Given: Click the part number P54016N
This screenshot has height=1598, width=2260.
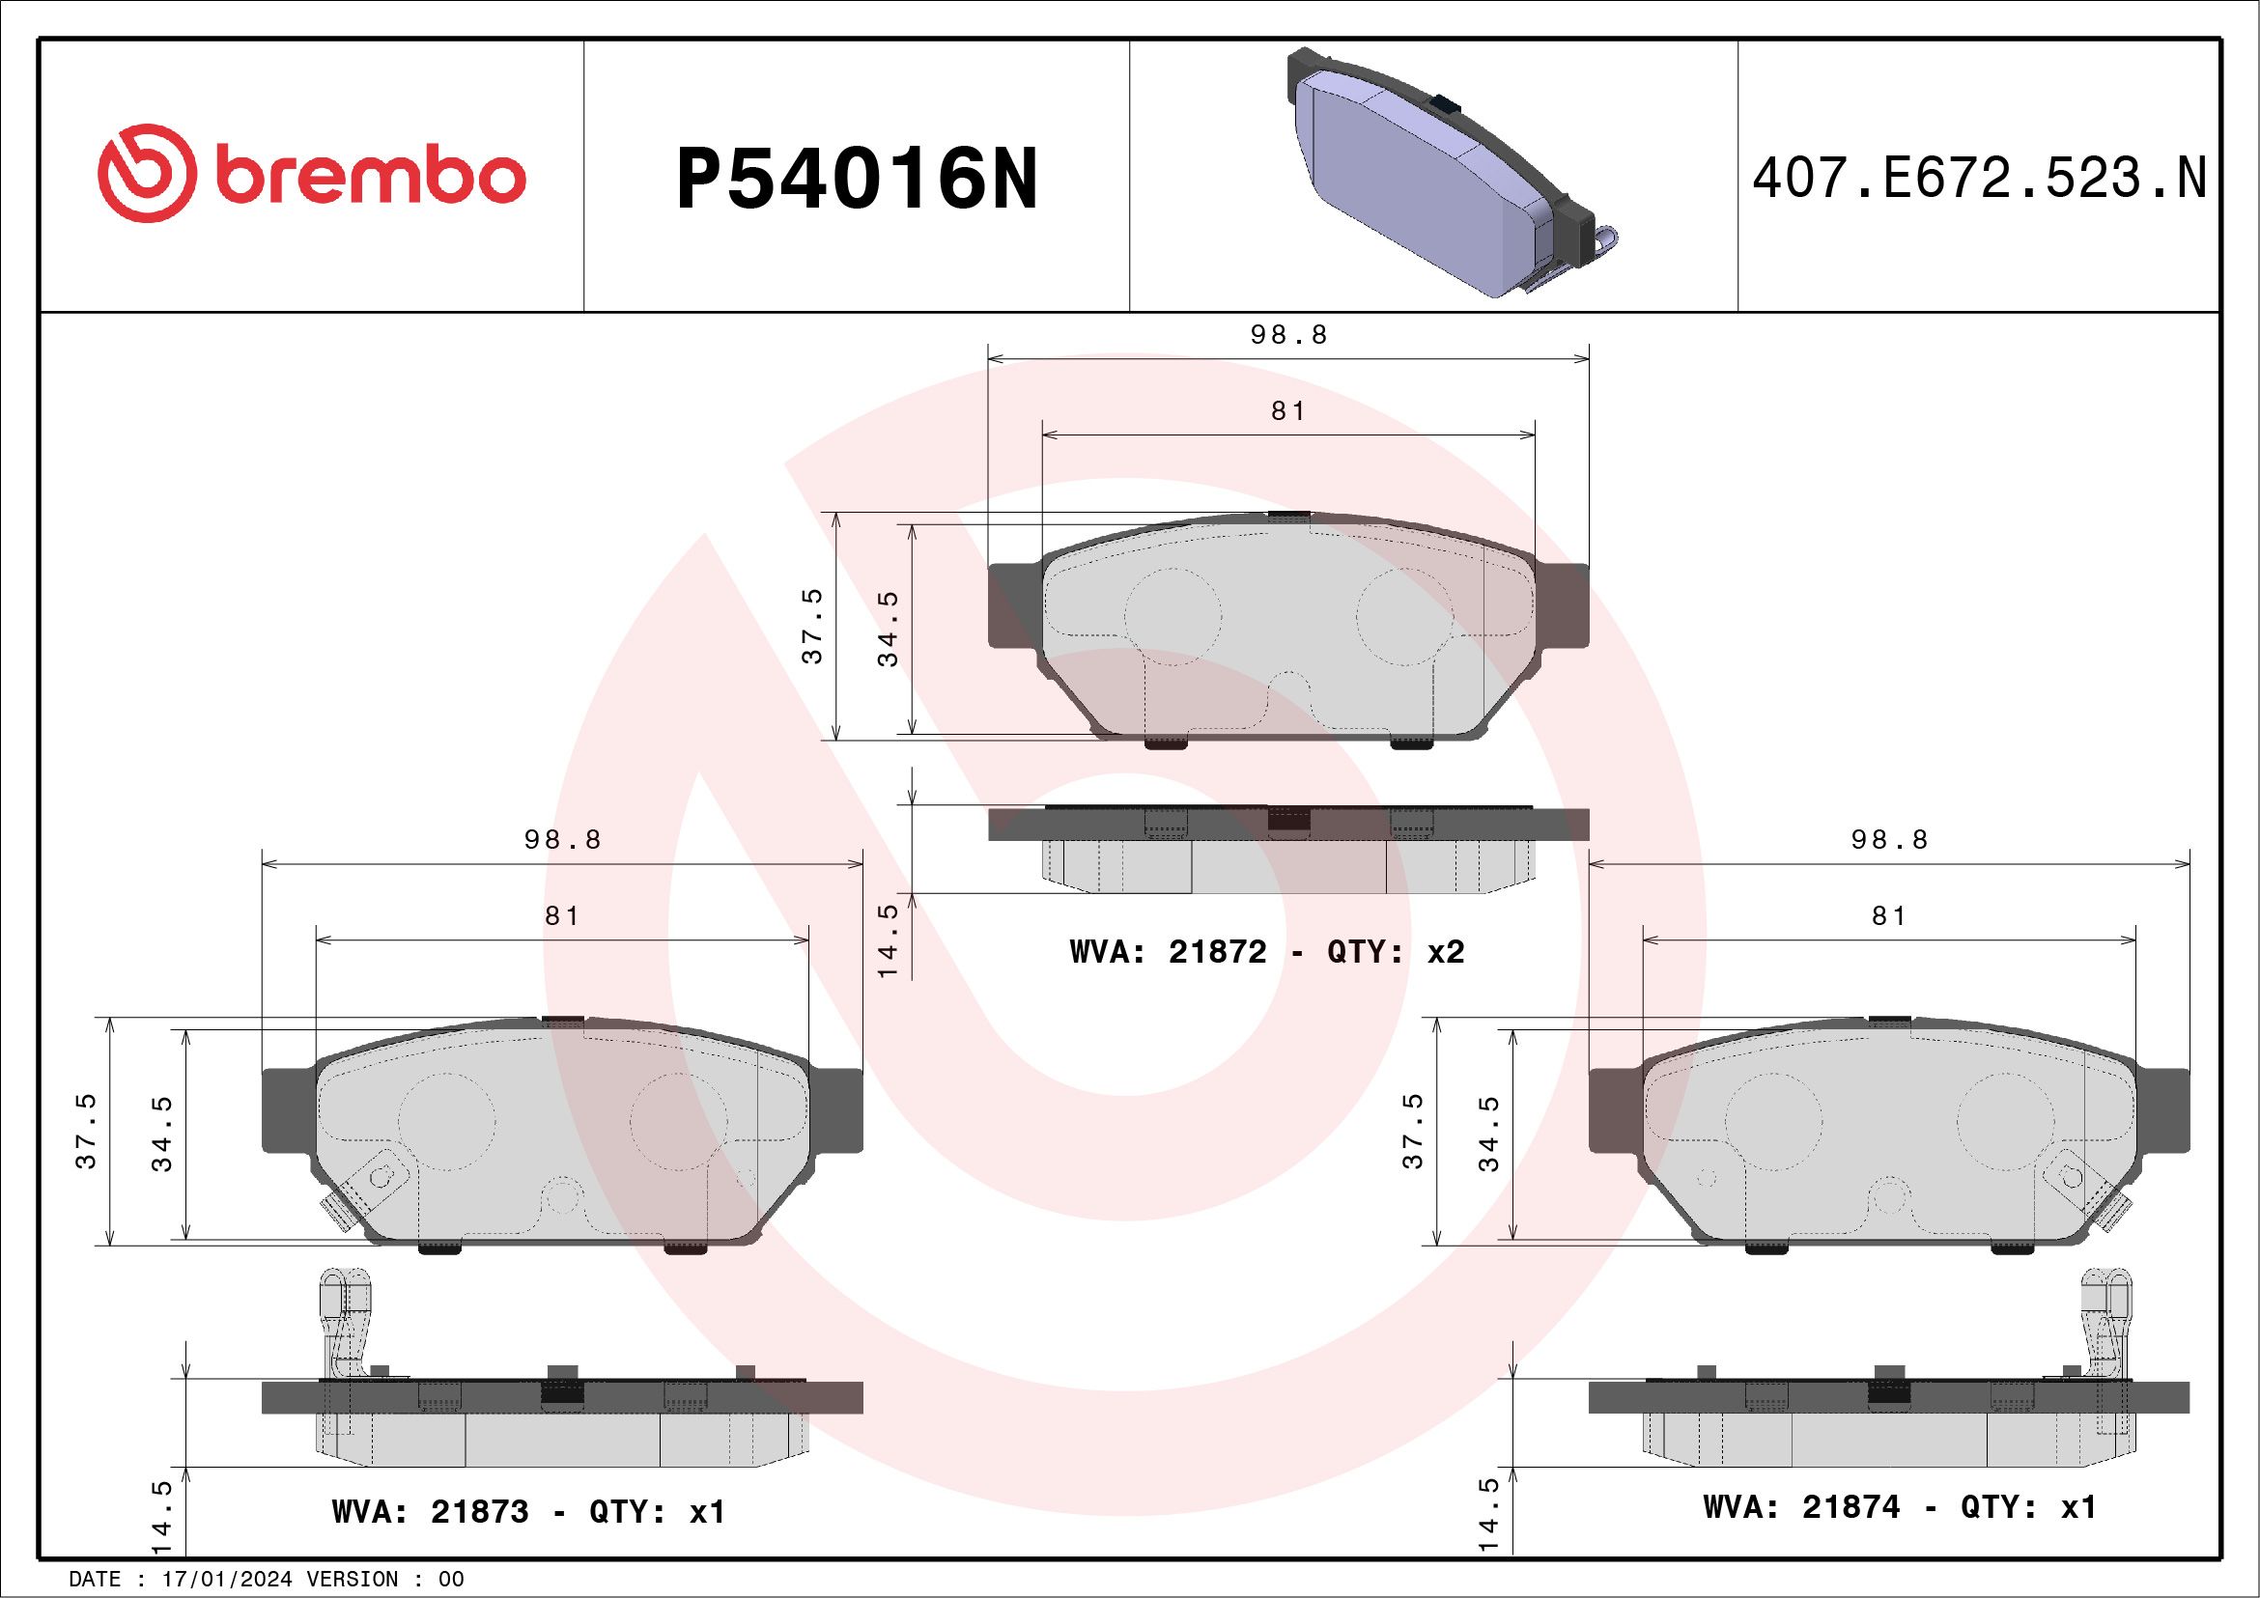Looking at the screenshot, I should [857, 179].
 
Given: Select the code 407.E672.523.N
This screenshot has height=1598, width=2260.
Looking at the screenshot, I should [1979, 178].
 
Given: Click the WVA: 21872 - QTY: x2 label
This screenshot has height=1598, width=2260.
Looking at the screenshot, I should [1267, 951].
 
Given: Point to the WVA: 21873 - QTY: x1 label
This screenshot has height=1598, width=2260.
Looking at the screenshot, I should [528, 1511].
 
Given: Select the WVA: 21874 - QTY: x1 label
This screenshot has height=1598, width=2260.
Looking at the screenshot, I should [1899, 1506].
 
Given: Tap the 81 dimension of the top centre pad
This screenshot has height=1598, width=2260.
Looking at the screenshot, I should [1288, 411].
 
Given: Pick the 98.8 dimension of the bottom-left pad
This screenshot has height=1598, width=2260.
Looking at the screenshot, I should [562, 840].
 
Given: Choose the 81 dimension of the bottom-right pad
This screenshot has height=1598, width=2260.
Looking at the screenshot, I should [1889, 916].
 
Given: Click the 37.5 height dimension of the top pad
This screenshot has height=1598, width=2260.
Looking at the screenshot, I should [812, 627].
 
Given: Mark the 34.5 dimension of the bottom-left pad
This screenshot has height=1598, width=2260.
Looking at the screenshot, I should [162, 1134].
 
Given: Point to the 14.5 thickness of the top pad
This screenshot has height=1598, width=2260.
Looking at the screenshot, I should [888, 940].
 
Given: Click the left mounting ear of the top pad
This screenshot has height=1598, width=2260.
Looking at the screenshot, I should [1015, 605].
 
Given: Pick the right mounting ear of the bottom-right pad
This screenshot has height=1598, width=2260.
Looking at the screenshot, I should [2162, 1111].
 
